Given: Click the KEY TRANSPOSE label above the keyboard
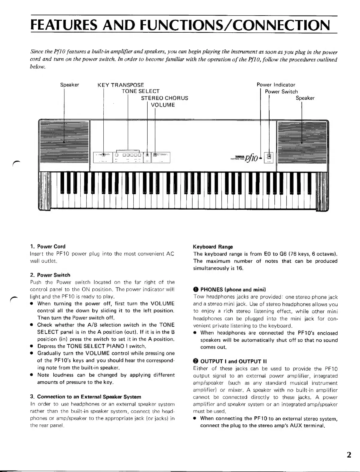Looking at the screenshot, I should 121,85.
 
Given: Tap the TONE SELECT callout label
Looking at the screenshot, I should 140,91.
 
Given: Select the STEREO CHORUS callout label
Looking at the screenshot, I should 164,98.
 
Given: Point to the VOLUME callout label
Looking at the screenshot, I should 163,105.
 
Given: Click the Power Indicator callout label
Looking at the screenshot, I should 276,85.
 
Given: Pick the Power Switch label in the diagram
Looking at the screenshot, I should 281,92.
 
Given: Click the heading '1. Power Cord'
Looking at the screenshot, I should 48,246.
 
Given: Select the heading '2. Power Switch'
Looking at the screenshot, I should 50,275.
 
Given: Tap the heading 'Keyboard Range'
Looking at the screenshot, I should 213,247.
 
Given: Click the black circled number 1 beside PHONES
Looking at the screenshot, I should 196,290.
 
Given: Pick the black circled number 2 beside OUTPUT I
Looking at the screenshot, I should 196,361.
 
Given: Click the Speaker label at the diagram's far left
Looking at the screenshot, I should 69,85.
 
